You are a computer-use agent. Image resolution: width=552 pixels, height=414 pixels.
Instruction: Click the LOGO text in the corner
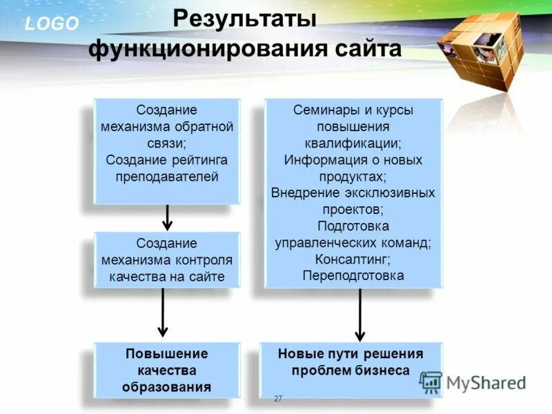52,24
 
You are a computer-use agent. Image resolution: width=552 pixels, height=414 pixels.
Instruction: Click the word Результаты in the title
244,19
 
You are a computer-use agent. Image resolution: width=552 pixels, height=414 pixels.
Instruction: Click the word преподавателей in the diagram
167,177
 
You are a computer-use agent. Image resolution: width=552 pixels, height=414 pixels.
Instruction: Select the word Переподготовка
353,276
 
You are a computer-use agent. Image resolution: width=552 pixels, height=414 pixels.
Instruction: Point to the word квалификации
353,144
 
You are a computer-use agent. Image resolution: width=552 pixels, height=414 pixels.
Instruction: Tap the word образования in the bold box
167,386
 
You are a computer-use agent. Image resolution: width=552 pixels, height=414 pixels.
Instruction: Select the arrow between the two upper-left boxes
166,217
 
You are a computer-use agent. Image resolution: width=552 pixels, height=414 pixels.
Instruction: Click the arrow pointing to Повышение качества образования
163,314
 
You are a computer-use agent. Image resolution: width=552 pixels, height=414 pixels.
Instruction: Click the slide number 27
278,398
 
